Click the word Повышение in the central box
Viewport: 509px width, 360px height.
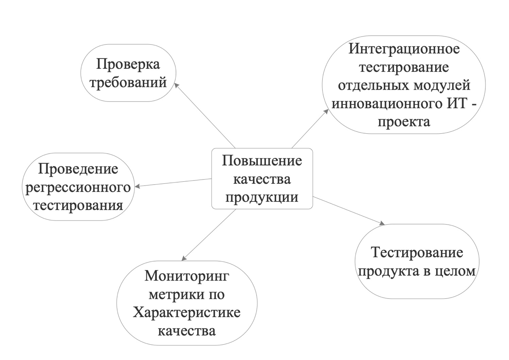pyautogui.click(x=262, y=162)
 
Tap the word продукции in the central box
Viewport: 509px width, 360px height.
pyautogui.click(x=262, y=197)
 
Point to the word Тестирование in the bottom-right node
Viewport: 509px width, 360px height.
pyautogui.click(x=416, y=253)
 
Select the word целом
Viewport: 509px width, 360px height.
pyautogui.click(x=456, y=271)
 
